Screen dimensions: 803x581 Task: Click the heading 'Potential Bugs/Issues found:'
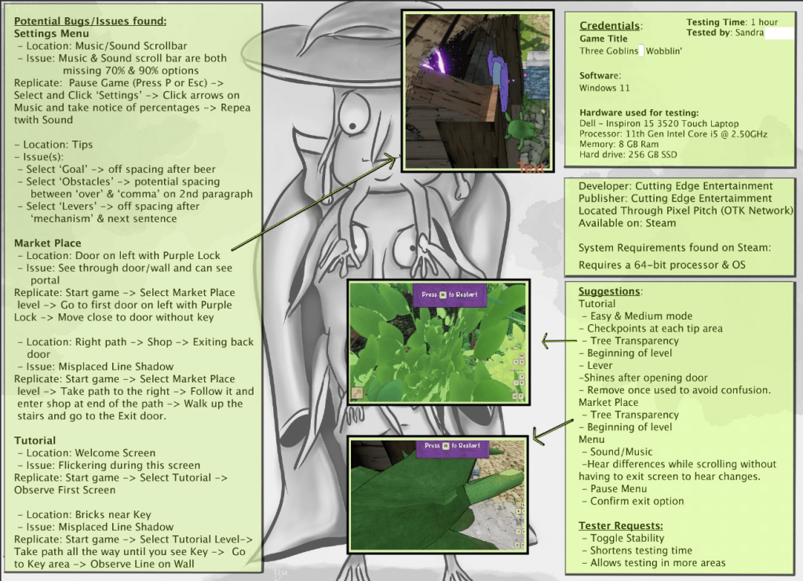click(90, 21)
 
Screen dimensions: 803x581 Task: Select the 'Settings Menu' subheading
click(51, 34)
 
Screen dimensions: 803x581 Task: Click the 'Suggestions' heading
click(609, 291)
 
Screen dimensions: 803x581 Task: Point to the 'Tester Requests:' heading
click(621, 526)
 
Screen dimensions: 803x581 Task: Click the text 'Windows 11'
click(604, 88)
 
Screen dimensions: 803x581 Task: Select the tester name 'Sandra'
click(749, 32)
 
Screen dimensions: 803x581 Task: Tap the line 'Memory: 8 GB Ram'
click(619, 144)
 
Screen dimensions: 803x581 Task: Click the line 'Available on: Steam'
click(627, 223)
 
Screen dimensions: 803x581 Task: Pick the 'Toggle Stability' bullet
click(627, 538)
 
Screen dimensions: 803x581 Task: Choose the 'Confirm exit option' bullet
click(637, 501)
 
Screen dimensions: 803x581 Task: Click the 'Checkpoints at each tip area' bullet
click(655, 328)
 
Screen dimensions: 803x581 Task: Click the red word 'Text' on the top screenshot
click(531, 167)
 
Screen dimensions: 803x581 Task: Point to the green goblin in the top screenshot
click(521, 130)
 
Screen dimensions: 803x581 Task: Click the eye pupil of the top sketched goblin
click(353, 126)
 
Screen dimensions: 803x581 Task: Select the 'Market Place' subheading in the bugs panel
click(47, 243)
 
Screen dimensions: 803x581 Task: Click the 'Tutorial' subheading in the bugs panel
click(35, 440)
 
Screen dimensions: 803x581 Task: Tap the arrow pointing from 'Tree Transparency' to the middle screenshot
click(559, 340)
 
